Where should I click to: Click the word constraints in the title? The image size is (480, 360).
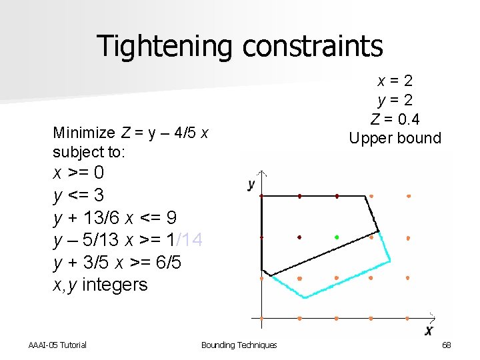313,46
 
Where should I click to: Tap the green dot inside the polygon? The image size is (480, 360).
337,237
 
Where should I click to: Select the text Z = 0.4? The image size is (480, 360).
395,119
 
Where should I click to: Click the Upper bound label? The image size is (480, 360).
395,139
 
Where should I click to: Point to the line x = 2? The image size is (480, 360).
395,81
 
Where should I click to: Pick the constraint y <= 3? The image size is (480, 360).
78,195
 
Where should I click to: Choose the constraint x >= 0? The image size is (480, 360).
78,173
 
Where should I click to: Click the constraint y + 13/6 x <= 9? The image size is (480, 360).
115,218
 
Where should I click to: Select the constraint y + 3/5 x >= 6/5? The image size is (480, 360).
117,263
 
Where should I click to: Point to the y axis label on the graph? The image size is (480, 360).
251,184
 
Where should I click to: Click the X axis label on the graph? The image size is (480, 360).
429,331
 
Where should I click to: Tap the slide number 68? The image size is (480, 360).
447,345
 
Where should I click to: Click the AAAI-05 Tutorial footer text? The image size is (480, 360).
58,345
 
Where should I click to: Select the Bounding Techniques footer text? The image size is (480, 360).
239,345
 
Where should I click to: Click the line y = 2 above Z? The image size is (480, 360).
395,100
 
